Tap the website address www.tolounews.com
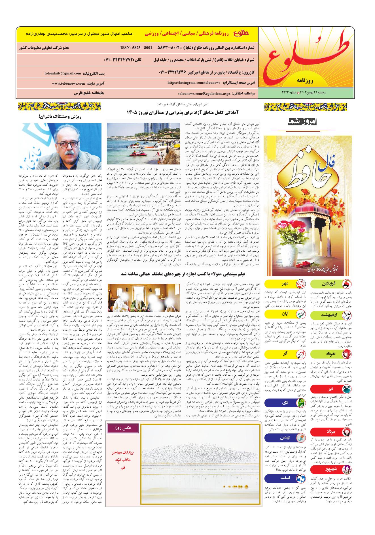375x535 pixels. click(x=68, y=84)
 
